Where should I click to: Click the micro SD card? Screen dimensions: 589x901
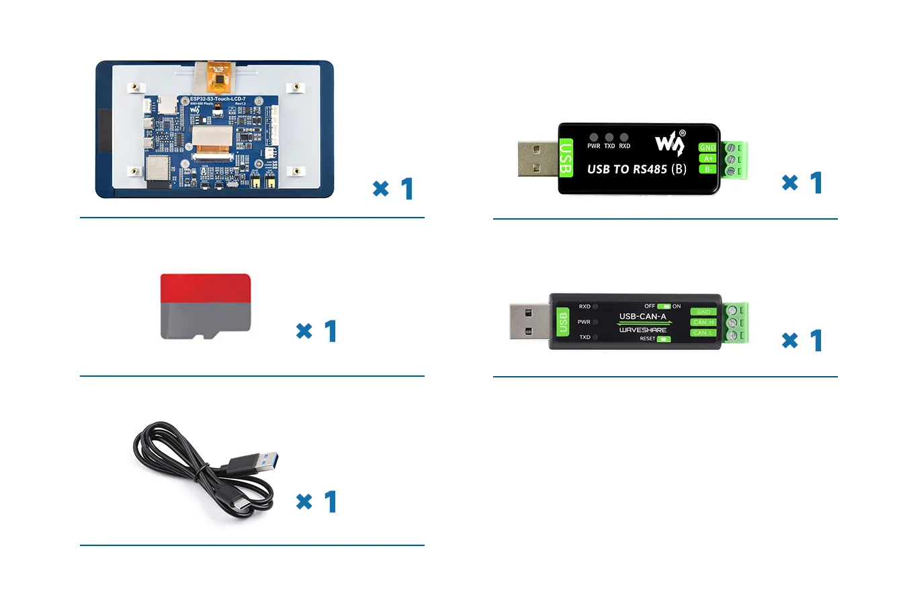tap(206, 306)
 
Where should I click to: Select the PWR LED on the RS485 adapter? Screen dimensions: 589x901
tap(594, 137)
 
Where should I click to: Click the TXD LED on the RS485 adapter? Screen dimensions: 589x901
tap(609, 137)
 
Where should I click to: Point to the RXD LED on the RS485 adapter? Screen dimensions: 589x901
tap(625, 137)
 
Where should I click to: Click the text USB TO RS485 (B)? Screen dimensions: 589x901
tap(636, 169)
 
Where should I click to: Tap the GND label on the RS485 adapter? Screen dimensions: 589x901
tap(707, 147)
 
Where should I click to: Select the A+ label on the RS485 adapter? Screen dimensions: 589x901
tap(708, 158)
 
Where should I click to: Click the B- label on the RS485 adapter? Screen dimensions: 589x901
tap(708, 169)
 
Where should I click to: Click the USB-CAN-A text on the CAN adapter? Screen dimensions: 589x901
tap(642, 316)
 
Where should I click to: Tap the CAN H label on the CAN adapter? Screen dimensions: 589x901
tap(703, 322)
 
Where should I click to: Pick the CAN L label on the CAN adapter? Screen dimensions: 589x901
tap(703, 332)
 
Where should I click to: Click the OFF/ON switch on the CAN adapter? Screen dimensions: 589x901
tap(664, 306)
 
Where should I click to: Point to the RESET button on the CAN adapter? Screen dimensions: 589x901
tap(664, 339)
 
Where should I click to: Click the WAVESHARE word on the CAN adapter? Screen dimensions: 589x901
tap(642, 330)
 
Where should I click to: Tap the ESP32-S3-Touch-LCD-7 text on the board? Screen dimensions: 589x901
tap(217, 99)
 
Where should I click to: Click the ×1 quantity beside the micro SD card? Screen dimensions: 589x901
tap(316, 331)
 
